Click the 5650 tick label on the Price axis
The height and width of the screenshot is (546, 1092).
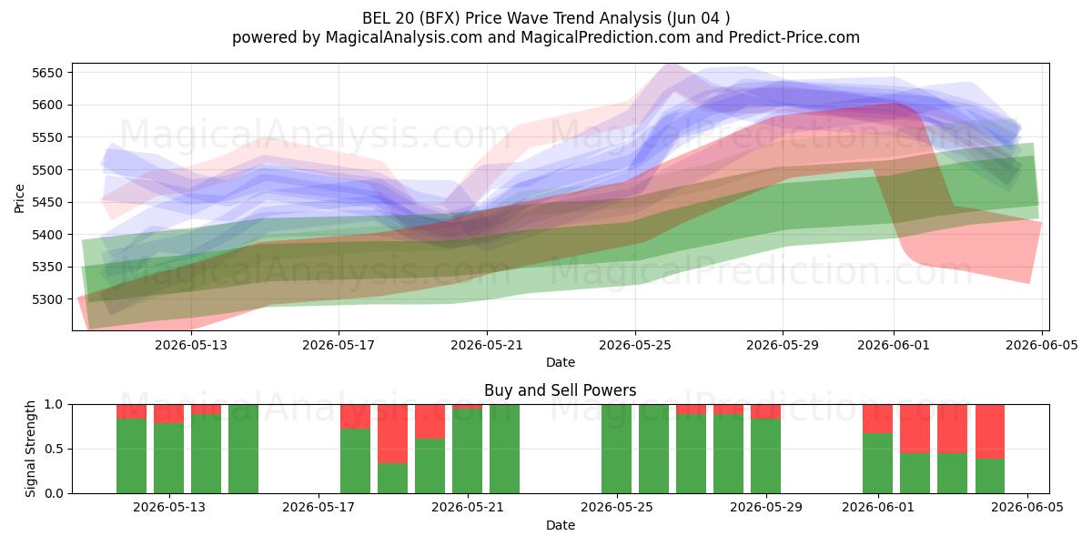47,73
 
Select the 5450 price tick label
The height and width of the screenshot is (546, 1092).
47,203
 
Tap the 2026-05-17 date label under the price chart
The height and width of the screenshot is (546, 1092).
339,346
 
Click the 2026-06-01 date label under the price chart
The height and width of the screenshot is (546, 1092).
894,346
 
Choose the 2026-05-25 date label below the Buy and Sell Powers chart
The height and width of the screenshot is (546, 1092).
617,508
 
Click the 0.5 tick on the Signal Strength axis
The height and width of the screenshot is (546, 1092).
54,449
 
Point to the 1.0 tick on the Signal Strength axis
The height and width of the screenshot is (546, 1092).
54,405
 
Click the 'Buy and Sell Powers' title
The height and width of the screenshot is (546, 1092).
561,390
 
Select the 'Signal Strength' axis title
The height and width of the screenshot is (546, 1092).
30,449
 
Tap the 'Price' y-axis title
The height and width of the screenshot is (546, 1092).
19,198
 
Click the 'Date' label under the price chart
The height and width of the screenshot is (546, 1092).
561,363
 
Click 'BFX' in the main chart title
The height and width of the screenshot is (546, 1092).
442,18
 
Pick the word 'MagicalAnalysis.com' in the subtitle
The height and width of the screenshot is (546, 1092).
404,37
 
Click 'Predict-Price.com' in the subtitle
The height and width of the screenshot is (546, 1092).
794,37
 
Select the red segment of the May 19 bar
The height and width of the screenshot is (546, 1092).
392,434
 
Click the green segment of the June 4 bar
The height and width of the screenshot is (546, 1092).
990,476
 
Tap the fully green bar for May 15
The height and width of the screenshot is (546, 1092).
243,449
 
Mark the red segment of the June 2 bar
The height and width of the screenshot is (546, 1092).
915,429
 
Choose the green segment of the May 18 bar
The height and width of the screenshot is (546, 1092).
356,461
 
